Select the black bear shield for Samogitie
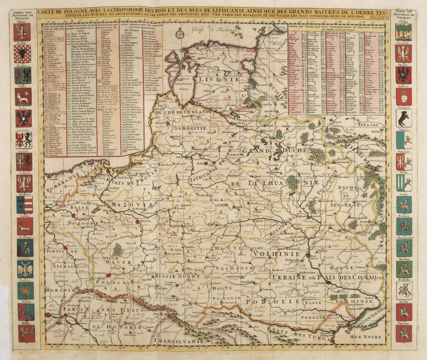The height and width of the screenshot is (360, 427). (x=404, y=118)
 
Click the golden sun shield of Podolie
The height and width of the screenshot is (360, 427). (x=23, y=290)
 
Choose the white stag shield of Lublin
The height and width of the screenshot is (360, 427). (x=23, y=226)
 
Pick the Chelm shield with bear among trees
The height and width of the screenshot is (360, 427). (x=404, y=32)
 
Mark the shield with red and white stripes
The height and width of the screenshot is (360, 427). (x=23, y=204)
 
